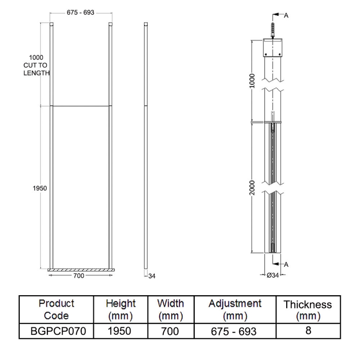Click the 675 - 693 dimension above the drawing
click(80, 13)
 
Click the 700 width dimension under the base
click(79, 276)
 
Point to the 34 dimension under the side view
click(152, 276)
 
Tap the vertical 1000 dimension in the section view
click(252, 81)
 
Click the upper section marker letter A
click(286, 15)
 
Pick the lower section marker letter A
click(286, 265)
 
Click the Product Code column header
click(56, 309)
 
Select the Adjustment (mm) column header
click(235, 309)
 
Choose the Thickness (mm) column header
click(308, 310)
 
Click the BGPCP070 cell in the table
click(56, 331)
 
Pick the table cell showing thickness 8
click(308, 330)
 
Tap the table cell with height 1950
click(120, 331)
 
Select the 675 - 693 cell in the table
click(235, 331)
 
